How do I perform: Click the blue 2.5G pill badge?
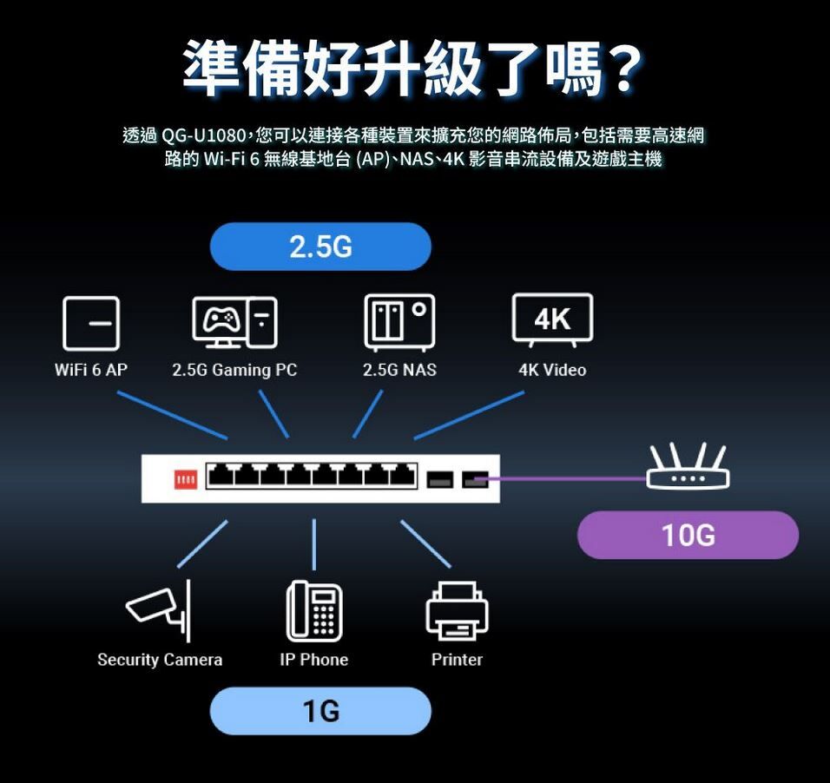pos(320,247)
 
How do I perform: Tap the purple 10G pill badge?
pos(688,535)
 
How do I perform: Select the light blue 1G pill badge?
pos(320,711)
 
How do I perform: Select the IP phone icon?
pos(313,610)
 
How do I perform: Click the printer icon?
pos(457,611)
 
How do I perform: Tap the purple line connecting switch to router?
pos(564,478)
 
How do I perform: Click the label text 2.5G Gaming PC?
pos(234,371)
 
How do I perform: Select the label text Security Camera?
pos(160,660)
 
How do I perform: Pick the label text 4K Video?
pos(552,371)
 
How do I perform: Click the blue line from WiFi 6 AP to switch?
pos(172,415)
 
